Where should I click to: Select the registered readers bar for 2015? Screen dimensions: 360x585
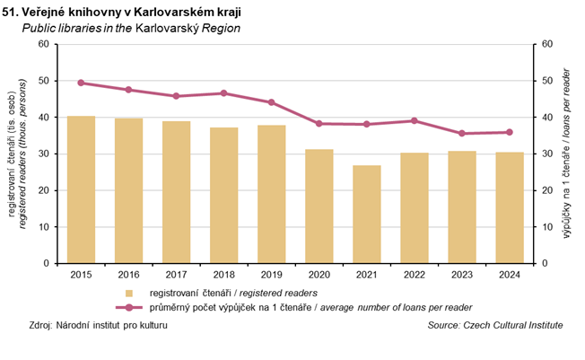tap(81, 189)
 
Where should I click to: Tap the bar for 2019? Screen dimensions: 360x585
tap(271, 194)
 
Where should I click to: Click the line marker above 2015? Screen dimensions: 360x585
tap(81, 83)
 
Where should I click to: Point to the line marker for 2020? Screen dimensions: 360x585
tap(319, 123)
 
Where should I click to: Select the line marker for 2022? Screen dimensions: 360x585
tap(414, 120)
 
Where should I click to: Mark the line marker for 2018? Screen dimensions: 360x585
tap(223, 93)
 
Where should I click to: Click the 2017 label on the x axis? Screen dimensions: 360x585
tap(176, 276)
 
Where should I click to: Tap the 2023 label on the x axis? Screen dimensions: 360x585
tap(462, 276)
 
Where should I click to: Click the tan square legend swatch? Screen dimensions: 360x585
tap(129, 293)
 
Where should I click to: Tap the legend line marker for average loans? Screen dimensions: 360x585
tap(129, 307)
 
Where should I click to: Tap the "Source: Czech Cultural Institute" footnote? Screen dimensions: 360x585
tap(495, 325)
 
